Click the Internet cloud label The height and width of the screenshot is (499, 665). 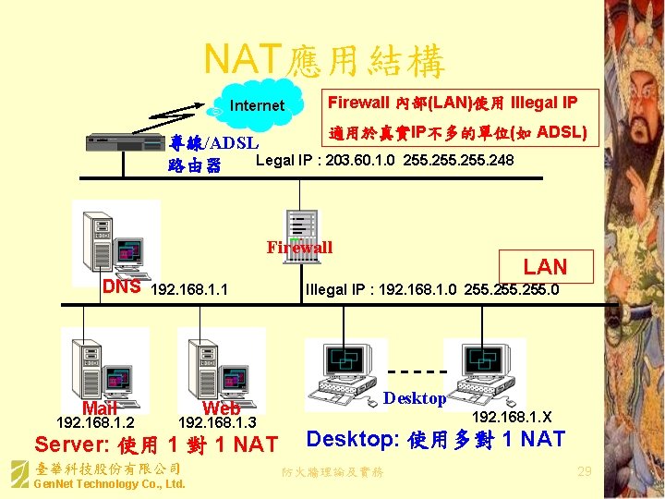point(256,105)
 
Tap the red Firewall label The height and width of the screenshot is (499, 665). point(299,248)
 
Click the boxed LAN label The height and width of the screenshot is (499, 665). point(545,267)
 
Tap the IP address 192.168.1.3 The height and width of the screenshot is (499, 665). point(216,422)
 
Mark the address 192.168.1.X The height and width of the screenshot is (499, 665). point(512,417)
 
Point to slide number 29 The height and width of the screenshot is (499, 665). point(584,472)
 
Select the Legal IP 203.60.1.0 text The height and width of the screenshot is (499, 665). point(384,162)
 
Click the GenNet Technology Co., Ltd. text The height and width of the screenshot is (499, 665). point(109,484)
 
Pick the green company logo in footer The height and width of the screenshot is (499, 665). point(18,475)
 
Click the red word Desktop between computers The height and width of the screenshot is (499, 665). point(415,398)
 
